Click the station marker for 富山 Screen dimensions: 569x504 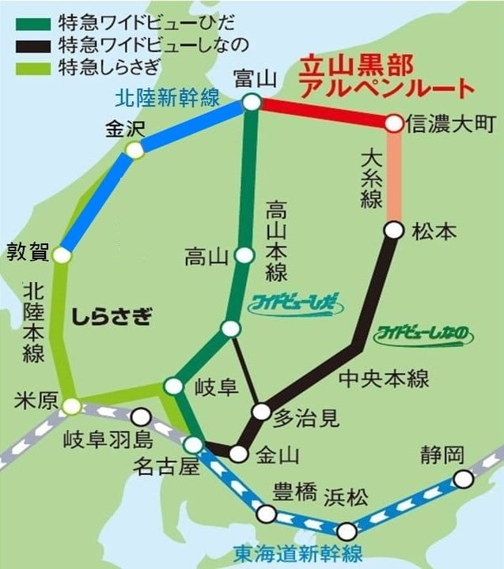pos(252,102)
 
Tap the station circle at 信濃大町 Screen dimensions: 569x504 pos(394,123)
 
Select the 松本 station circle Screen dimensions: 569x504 pos(393,230)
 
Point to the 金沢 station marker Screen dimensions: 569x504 pos(135,149)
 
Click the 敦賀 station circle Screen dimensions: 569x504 pos(63,255)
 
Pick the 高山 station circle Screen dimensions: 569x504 pos(244,255)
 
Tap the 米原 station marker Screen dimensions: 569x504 pos(71,406)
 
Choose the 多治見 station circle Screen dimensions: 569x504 pos(260,412)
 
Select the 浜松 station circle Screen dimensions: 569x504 pos(346,530)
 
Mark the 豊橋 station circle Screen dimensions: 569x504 pos(267,514)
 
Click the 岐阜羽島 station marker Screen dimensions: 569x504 pos(141,416)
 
